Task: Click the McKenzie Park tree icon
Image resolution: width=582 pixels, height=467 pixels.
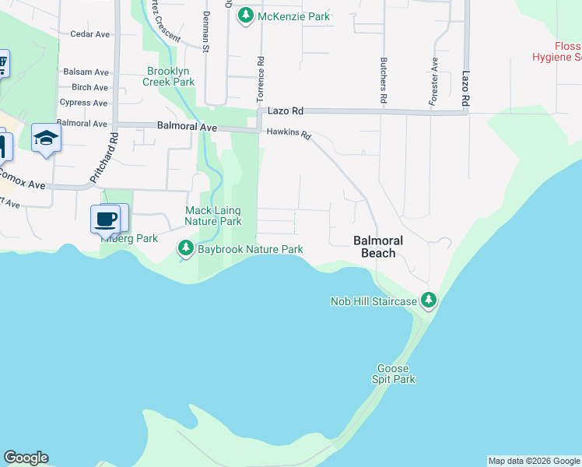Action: tap(246, 16)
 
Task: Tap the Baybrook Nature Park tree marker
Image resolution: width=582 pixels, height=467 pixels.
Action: tap(185, 249)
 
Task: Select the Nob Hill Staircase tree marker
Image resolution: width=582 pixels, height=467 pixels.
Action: tap(428, 300)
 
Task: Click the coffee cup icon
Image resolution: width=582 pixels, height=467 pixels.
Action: tap(106, 219)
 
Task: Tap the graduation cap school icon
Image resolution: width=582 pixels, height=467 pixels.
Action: tap(46, 139)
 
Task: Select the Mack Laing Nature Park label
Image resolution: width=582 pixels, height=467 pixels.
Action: tap(212, 216)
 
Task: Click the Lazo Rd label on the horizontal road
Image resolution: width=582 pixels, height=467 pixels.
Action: tap(286, 112)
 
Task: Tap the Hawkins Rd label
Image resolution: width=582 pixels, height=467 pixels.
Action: tap(289, 134)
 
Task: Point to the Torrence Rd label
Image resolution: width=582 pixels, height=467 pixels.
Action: tap(261, 78)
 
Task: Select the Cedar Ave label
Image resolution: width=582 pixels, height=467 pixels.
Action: tap(89, 34)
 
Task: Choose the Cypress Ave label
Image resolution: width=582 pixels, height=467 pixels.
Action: tap(83, 103)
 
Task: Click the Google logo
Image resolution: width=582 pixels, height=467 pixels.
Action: tap(26, 458)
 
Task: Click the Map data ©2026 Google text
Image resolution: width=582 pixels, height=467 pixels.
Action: tap(534, 461)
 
